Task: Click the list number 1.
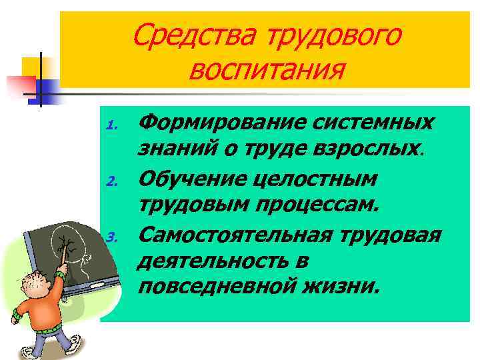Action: click(x=113, y=125)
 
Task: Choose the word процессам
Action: click(x=325, y=207)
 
